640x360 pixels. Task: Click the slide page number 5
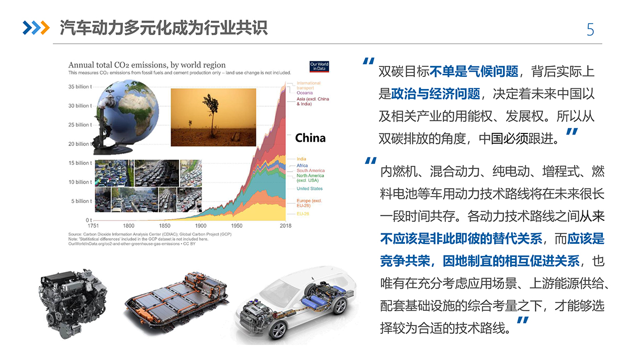pyautogui.click(x=590, y=29)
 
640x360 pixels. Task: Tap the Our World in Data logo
pyautogui.click(x=319, y=66)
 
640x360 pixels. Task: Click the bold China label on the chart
pyautogui.click(x=310, y=138)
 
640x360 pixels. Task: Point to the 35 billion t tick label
pyautogui.click(x=80, y=86)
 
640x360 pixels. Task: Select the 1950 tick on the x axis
pyautogui.click(x=237, y=226)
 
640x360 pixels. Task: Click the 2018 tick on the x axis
pyautogui.click(x=285, y=226)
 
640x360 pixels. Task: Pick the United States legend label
pyautogui.click(x=309, y=188)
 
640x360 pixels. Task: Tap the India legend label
pyautogui.click(x=301, y=159)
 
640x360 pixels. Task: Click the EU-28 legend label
pyautogui.click(x=302, y=213)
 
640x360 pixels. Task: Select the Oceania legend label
pyautogui.click(x=305, y=93)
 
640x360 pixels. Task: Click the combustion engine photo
pyautogui.click(x=73, y=303)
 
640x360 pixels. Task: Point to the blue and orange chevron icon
pyautogui.click(x=36, y=28)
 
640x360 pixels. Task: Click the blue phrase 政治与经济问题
pyautogui.click(x=435, y=94)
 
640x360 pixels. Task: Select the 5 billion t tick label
pyautogui.click(x=82, y=201)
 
